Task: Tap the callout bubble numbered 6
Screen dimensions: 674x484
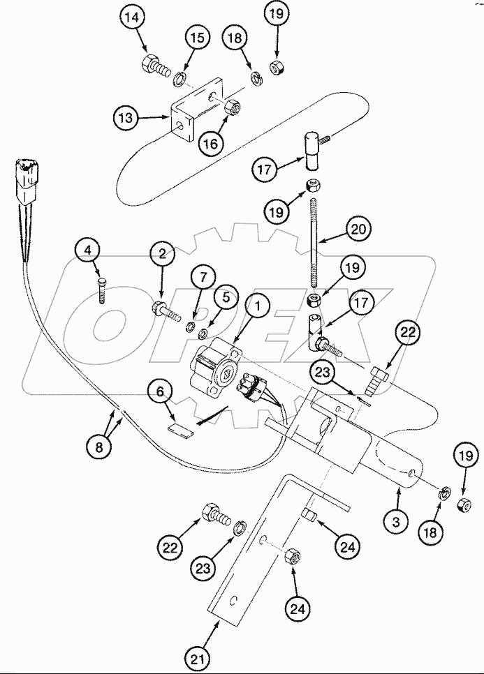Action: (160, 393)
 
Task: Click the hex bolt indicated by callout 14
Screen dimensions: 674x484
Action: (156, 67)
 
